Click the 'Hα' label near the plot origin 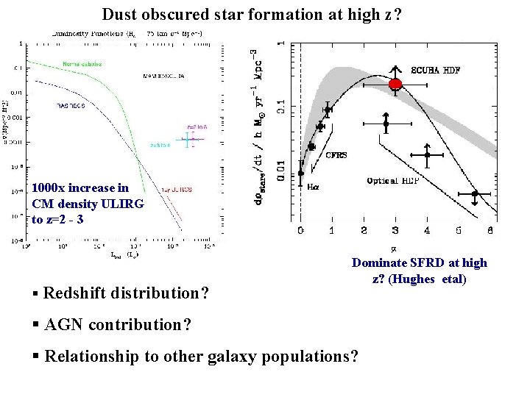(313, 187)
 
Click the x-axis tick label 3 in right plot (395, 230)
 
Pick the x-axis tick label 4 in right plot (427, 230)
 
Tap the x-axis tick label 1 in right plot (332, 230)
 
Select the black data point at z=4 (427, 155)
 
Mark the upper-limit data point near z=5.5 (476, 195)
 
